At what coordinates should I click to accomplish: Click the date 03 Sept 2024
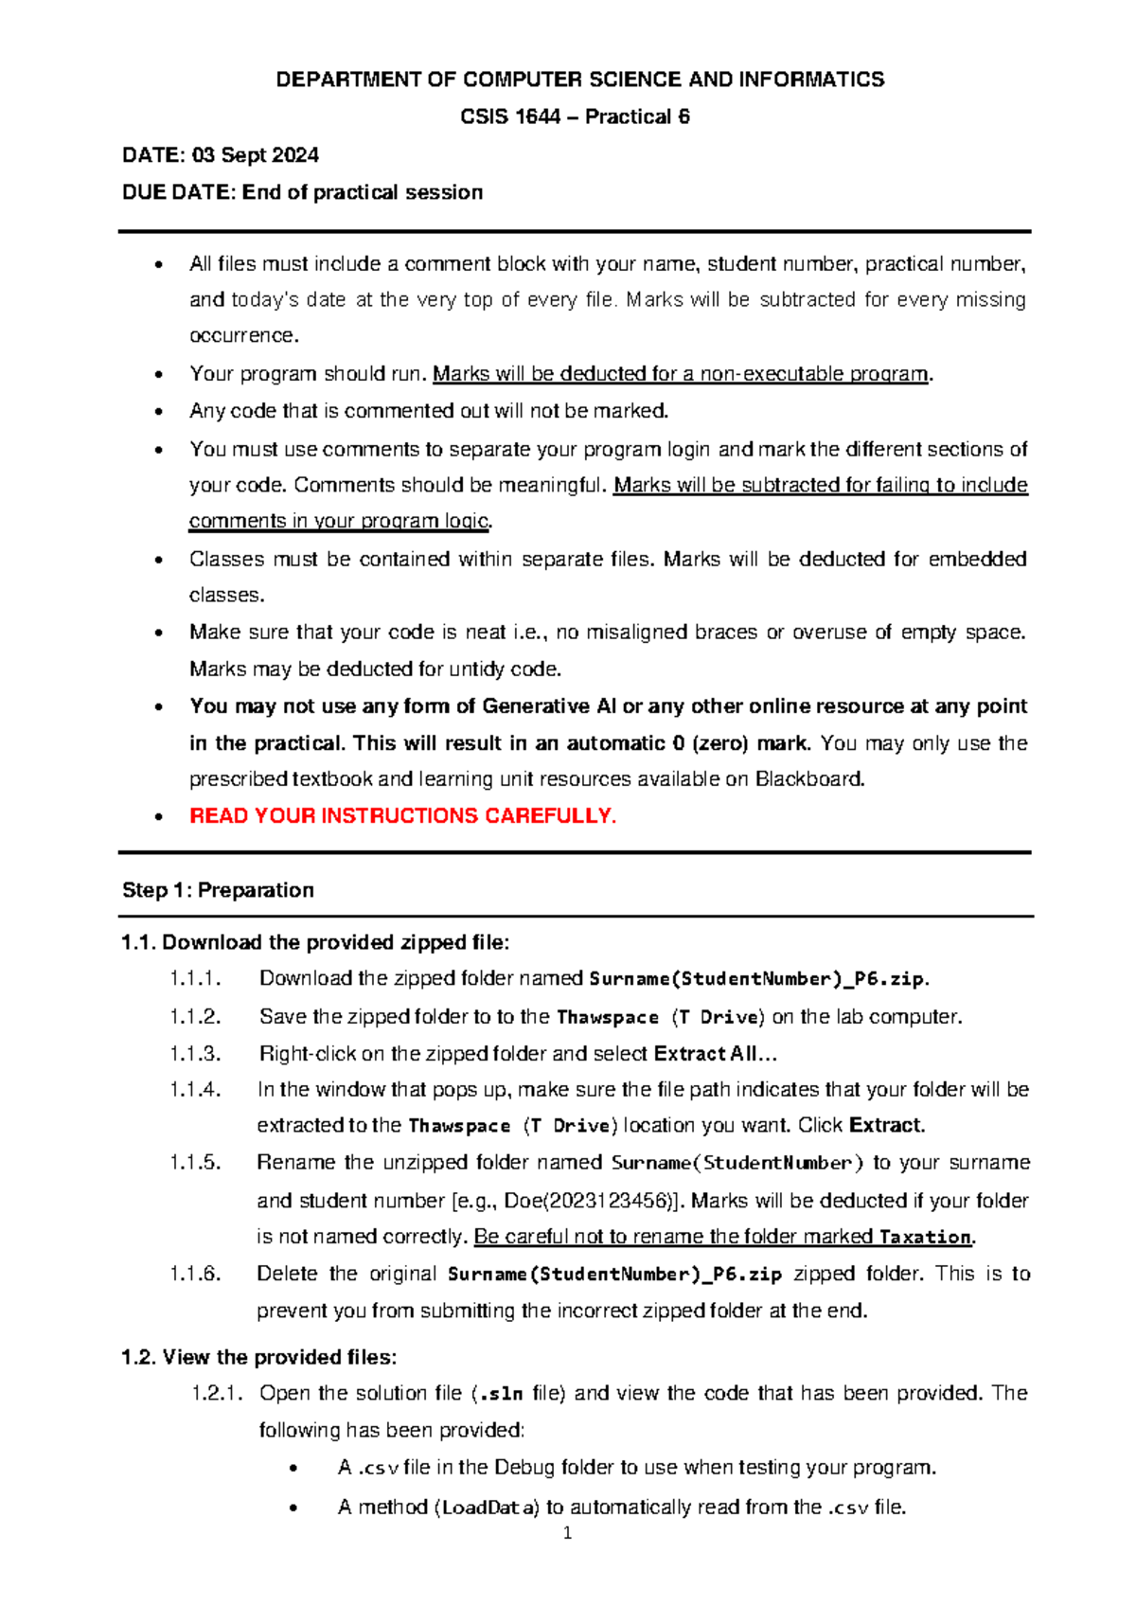255,155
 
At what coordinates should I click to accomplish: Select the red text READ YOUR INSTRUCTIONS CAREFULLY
402,816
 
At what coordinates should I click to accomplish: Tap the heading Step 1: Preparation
218,890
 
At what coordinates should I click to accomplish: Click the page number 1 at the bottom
567,1534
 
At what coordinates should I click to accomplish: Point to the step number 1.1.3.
195,1053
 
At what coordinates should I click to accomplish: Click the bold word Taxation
925,1237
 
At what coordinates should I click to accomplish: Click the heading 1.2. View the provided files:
259,1357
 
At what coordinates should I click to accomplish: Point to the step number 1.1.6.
195,1274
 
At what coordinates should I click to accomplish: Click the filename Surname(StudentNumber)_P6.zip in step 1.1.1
757,979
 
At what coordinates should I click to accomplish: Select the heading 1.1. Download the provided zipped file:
315,942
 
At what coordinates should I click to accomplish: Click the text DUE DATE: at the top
178,192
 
